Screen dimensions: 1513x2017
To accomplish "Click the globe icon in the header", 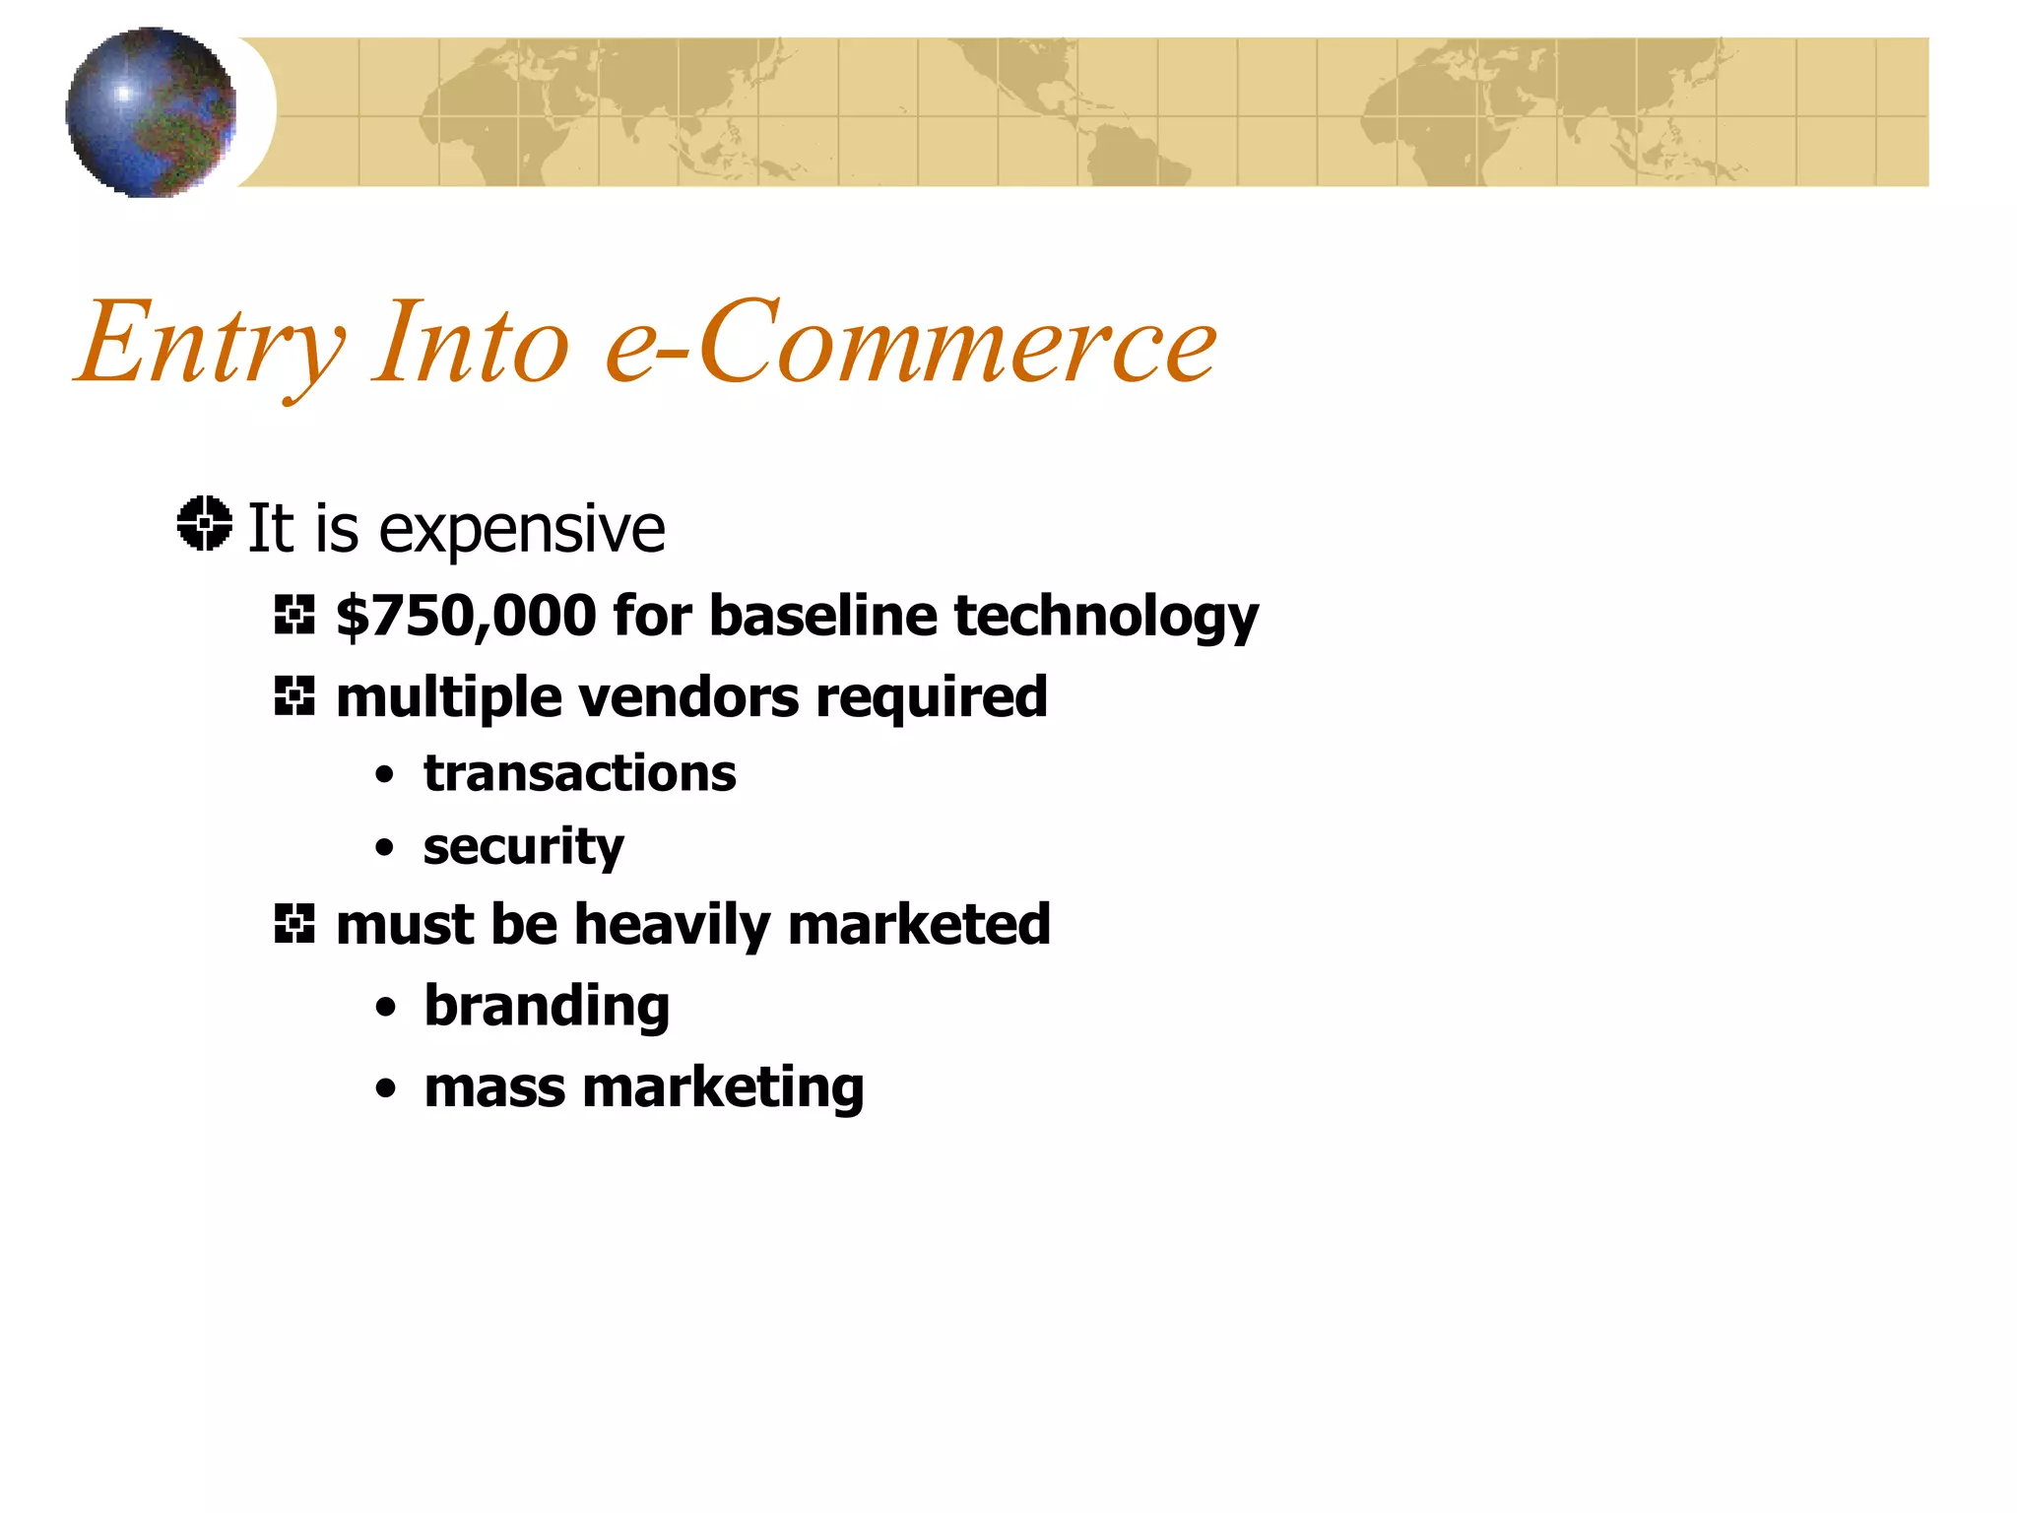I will (151, 112).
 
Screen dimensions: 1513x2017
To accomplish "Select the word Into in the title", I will (471, 342).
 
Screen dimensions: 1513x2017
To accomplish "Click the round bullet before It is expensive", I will (205, 524).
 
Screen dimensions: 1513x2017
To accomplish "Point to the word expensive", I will (522, 531).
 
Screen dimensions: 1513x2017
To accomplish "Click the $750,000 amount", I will (466, 616).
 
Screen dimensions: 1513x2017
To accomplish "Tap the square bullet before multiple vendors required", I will (293, 696).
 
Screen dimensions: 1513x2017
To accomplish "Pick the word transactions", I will (579, 773).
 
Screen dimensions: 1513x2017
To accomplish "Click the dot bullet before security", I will (385, 848).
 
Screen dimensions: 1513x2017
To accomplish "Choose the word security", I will (523, 848).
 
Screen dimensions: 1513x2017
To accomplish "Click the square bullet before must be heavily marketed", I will (293, 924).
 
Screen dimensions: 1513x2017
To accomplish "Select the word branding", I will (547, 1007).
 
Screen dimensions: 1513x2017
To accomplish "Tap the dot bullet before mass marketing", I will (385, 1089).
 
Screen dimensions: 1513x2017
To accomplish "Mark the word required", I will (932, 698).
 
